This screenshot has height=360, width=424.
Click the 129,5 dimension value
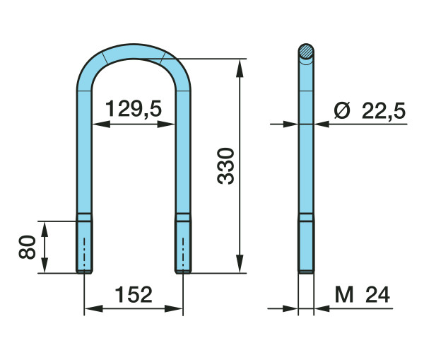click(x=134, y=109)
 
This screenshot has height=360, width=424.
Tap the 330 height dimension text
click(x=225, y=166)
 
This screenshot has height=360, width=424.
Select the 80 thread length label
click(x=27, y=247)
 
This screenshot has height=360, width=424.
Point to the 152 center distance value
click(x=134, y=294)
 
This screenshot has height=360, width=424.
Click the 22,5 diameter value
click(x=384, y=111)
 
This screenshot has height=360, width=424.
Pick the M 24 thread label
click(x=363, y=295)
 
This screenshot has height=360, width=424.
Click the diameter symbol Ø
click(x=342, y=110)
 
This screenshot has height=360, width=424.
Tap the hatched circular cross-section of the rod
click(x=306, y=51)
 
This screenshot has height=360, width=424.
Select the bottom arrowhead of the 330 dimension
click(x=240, y=263)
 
